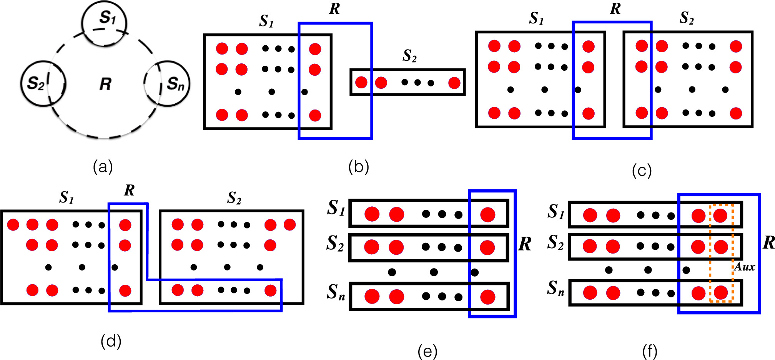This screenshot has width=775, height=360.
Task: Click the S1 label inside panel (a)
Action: coord(107,18)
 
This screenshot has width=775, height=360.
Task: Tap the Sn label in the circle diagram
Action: coord(175,83)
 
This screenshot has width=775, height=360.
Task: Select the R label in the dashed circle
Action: coord(105,84)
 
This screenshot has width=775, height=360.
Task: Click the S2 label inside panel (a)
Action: coord(36,83)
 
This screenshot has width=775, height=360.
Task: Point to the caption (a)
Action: coord(103,167)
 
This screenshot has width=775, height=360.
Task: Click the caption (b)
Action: coord(358,167)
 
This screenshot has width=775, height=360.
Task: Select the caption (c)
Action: coord(642,170)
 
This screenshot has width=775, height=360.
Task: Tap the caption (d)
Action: coord(111,341)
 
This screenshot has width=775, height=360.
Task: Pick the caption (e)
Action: coord(427,351)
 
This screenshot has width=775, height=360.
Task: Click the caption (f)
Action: coord(649,351)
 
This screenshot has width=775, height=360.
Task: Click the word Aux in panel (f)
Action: coord(745,267)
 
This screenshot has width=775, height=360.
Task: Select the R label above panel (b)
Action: coord(334,8)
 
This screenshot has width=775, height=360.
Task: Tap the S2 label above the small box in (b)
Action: coord(409,56)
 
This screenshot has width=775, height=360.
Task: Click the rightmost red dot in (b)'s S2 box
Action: coord(454,83)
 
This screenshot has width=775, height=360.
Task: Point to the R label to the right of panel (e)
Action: coord(525,244)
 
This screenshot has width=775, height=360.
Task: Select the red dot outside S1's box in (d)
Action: coord(13,224)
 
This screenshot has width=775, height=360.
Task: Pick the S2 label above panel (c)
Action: coord(687,18)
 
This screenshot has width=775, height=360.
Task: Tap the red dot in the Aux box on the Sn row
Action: coord(720,293)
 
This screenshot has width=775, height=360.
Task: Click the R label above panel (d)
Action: coord(129,191)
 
